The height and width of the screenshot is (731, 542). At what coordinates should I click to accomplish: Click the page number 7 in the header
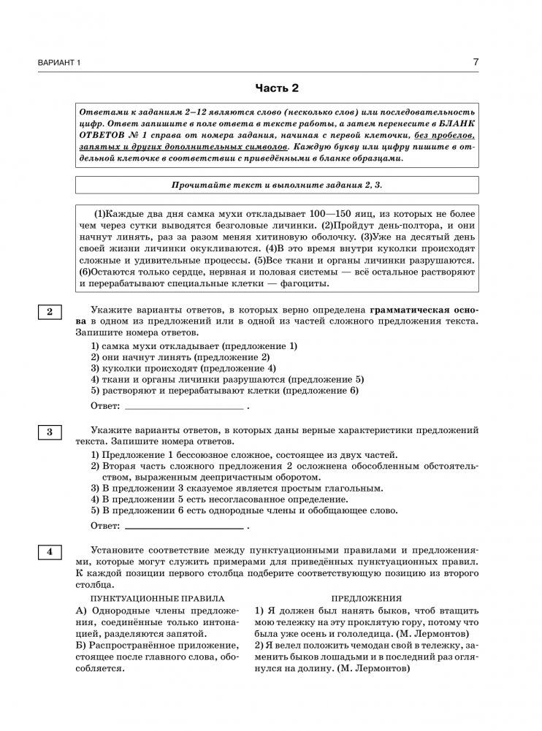point(476,62)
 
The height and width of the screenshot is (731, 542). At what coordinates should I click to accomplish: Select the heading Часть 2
point(277,89)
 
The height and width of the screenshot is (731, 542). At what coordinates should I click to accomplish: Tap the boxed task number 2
point(50,313)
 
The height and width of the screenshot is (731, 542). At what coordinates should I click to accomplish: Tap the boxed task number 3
point(50,432)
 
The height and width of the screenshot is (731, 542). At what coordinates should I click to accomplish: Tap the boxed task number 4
point(50,552)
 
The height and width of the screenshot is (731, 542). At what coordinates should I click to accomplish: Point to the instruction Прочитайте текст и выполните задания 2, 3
point(277,185)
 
